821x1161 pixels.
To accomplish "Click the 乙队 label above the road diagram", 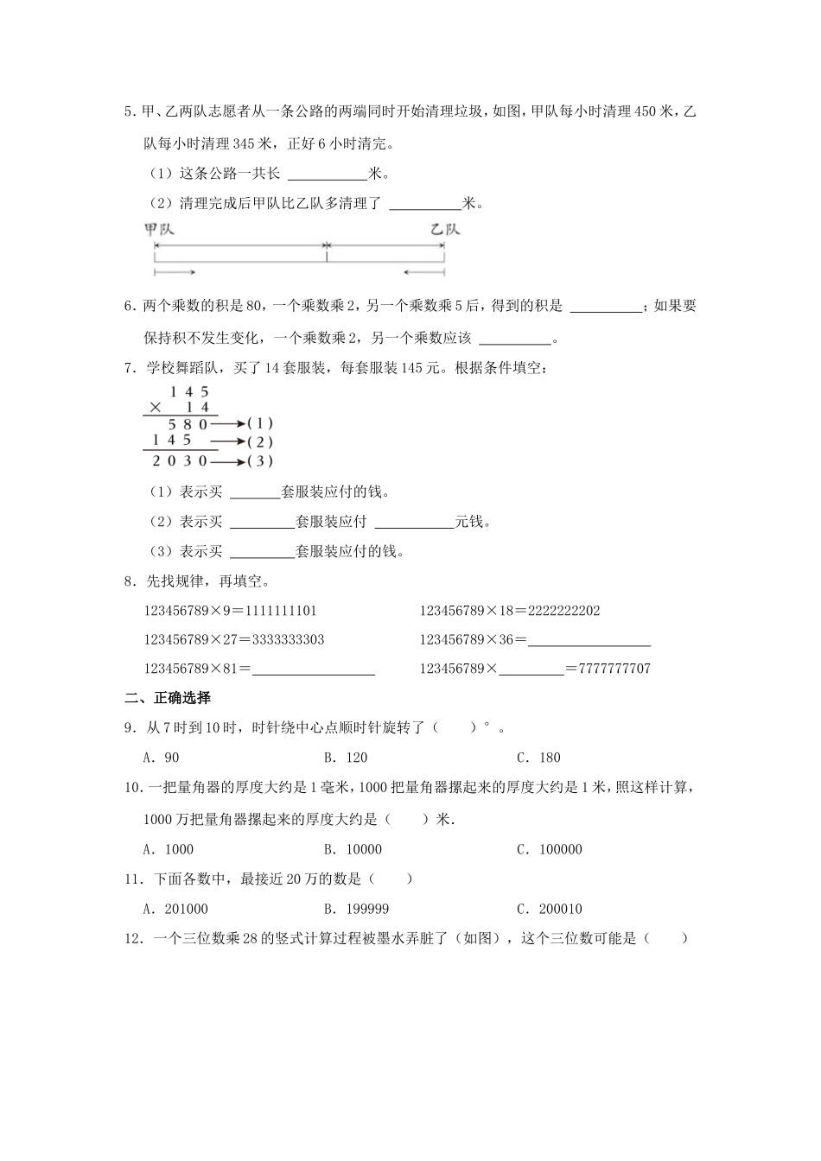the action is point(445,230).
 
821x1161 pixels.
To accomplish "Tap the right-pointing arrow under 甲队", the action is point(175,273).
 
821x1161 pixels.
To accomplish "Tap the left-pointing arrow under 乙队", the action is point(423,273).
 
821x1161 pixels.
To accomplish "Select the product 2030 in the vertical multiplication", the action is point(181,461).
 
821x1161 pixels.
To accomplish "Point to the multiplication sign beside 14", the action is point(156,408).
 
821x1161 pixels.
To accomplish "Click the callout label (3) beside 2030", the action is point(260,461).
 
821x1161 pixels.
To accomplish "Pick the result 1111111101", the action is point(281,611).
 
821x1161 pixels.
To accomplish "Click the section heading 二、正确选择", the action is point(168,698).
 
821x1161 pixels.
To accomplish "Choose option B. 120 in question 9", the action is point(346,758).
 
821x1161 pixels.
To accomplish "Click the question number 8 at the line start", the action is point(130,581).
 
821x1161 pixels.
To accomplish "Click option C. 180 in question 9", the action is point(538,758).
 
